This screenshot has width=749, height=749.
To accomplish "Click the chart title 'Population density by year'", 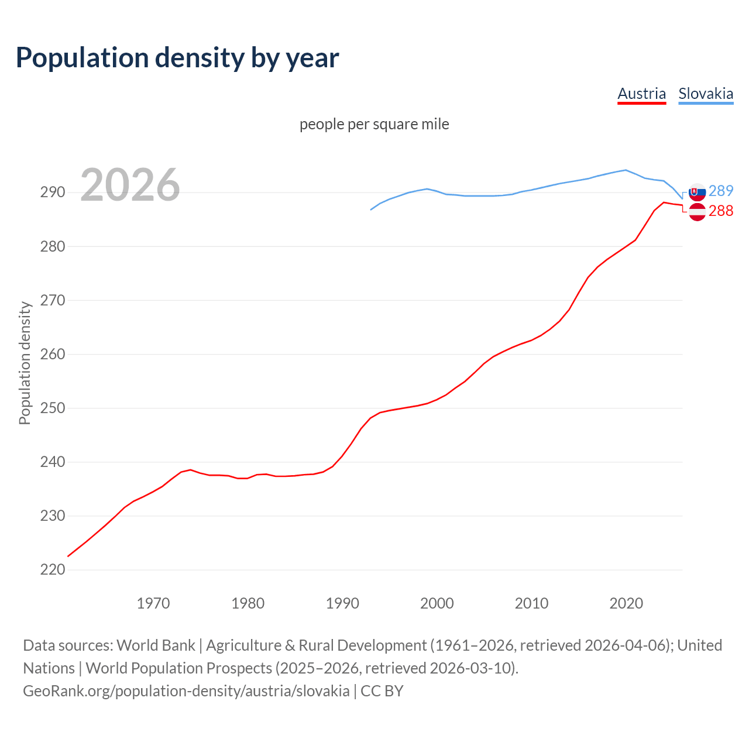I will click(177, 58).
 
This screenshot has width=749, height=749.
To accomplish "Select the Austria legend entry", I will click(641, 94).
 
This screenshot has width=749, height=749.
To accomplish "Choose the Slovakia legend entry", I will click(706, 94).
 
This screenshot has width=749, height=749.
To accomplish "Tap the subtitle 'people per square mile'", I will click(374, 124).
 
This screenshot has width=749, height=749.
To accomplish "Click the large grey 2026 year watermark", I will click(130, 185).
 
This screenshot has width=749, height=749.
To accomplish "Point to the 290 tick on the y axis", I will click(52, 192).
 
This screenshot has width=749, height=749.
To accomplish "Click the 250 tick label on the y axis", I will click(52, 408).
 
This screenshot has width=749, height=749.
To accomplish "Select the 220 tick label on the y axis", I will click(52, 569).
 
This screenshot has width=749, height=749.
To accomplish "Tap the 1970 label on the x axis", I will click(153, 603).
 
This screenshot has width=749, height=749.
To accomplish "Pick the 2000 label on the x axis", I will click(437, 603).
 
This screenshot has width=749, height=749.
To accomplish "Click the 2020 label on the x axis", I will click(626, 603).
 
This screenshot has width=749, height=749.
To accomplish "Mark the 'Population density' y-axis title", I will click(25, 363).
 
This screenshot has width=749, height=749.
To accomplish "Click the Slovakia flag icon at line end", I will click(697, 192).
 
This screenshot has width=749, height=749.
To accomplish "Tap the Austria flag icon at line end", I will click(697, 212).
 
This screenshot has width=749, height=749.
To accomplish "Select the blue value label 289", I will click(721, 191).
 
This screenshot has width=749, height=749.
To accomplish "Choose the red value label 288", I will click(721, 211).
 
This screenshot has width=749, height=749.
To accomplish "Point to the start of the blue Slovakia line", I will click(371, 209).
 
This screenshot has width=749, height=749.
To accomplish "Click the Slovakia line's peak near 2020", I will click(626, 170).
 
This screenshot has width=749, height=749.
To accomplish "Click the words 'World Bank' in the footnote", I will click(156, 645).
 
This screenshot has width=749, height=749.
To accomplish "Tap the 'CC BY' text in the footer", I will click(382, 690).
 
